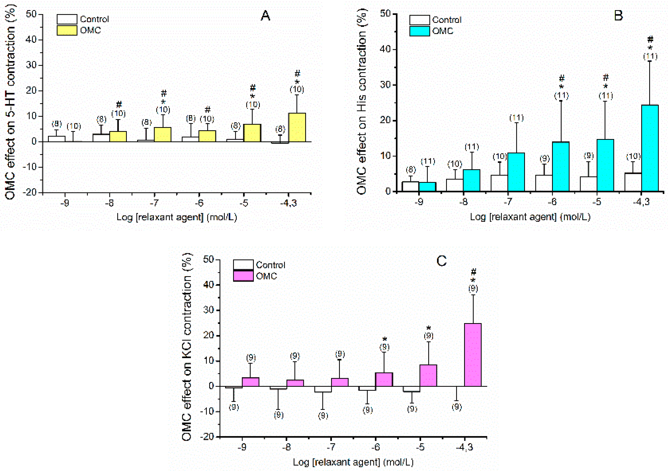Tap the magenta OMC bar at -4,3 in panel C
coord(473,355)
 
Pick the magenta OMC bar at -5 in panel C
coord(428,375)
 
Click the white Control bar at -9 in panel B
coord(410,187)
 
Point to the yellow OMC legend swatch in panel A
coord(67,30)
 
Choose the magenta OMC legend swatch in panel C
coord(243,276)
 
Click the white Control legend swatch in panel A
coord(67,19)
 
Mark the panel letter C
coord(441,261)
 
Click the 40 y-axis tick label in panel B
coord(386,49)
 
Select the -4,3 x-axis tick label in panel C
coord(465,447)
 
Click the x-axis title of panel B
coord(530,217)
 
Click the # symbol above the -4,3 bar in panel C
coord(474,272)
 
